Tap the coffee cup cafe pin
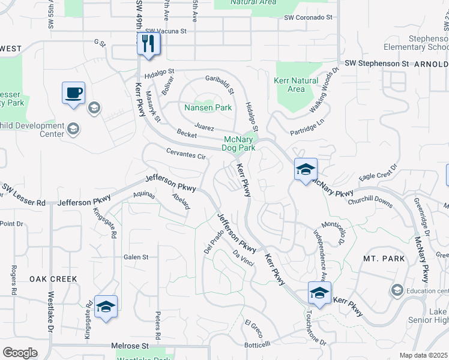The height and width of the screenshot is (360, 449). (x=73, y=94)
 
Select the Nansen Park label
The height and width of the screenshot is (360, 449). (x=208, y=108)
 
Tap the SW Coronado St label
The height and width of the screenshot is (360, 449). (x=309, y=17)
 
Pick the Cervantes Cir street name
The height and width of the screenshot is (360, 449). (x=187, y=154)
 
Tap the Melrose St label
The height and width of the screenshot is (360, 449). (x=130, y=346)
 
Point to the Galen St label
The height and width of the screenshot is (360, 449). (x=136, y=257)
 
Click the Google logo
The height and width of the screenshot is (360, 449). (x=20, y=352)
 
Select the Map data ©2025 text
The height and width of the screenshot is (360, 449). (x=423, y=355)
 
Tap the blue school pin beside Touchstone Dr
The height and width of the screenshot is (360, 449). (x=319, y=293)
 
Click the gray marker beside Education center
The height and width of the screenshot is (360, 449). (x=396, y=290)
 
